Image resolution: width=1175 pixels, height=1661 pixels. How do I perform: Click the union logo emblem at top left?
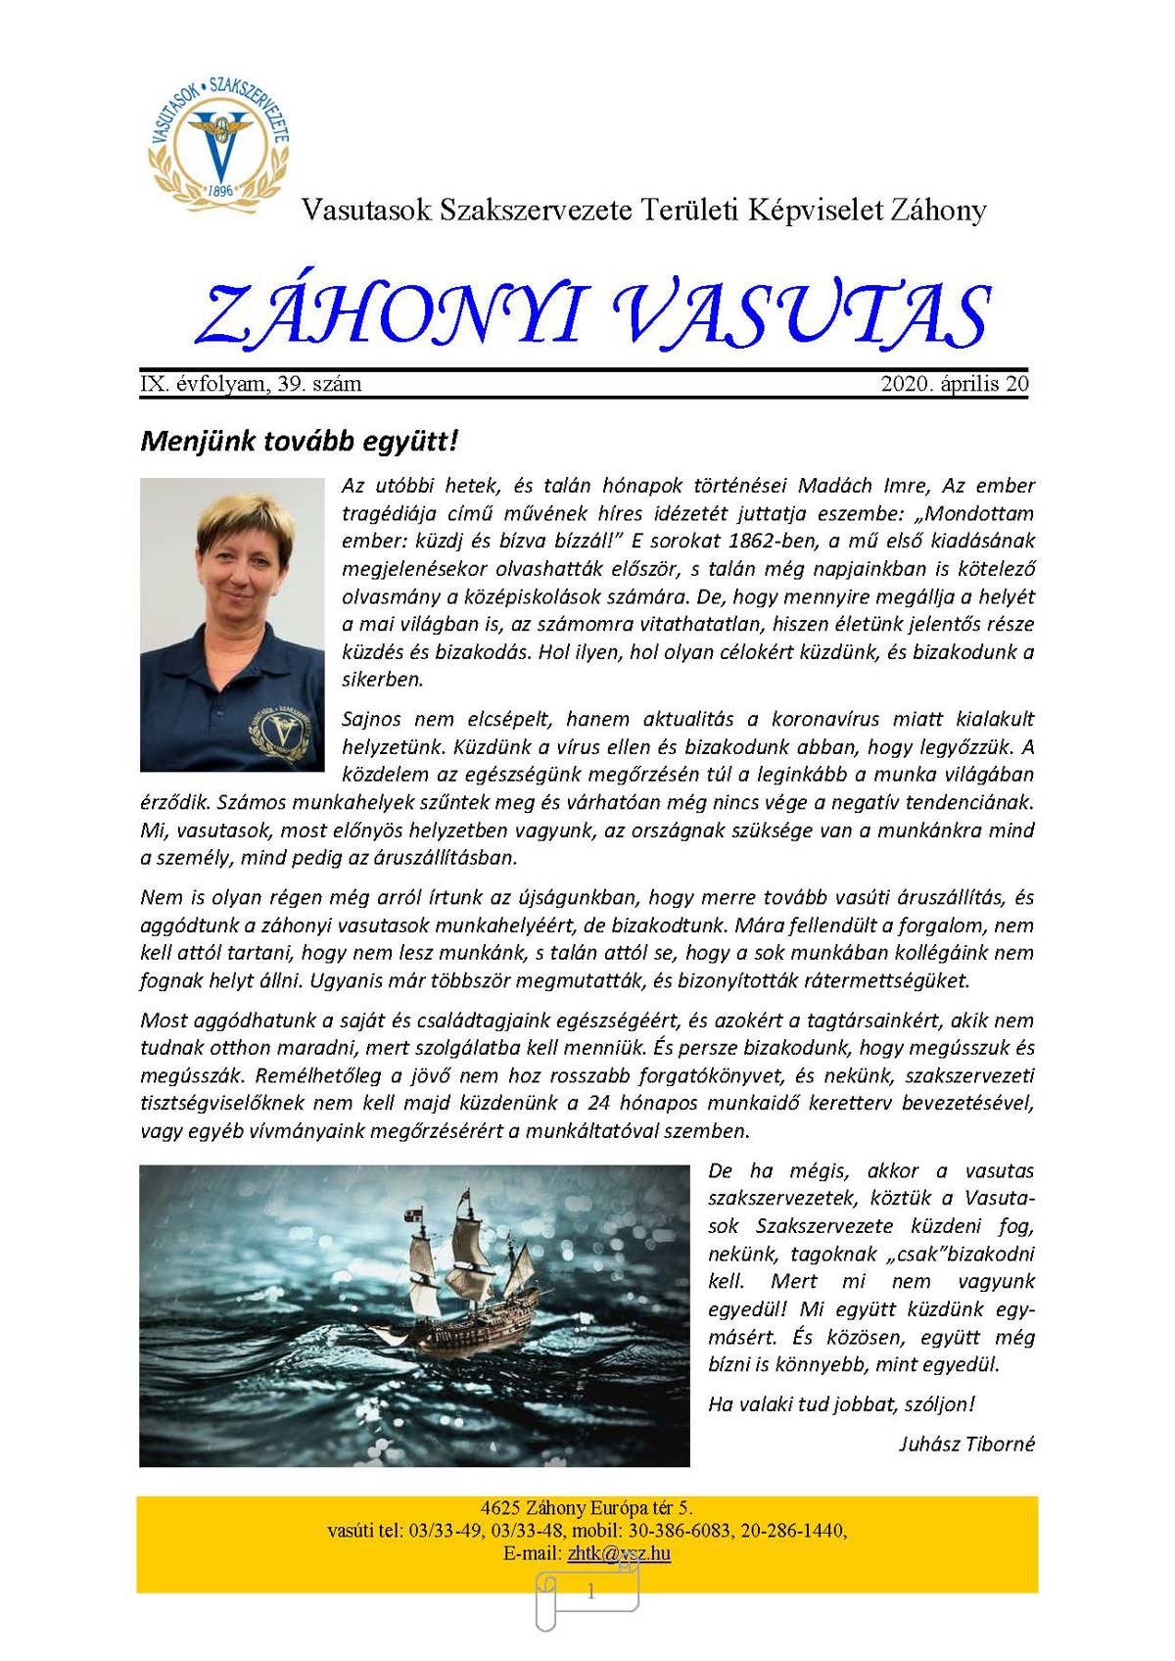click(218, 140)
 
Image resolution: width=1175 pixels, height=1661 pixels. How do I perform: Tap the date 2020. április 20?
click(955, 384)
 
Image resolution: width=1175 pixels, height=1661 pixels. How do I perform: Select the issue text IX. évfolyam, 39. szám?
click(251, 384)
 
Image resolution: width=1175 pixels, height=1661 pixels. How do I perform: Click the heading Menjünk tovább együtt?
click(299, 441)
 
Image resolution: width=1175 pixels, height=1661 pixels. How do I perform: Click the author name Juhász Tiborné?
click(966, 1444)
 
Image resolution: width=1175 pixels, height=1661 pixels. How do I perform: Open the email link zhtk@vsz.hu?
click(618, 1552)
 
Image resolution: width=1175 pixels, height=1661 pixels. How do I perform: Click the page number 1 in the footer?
click(590, 1592)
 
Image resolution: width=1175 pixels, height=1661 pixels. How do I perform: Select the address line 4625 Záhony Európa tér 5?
click(587, 1508)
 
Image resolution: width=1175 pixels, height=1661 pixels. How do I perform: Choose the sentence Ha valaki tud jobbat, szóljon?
click(841, 1403)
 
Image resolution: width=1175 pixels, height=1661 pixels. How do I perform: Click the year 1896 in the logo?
click(222, 189)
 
